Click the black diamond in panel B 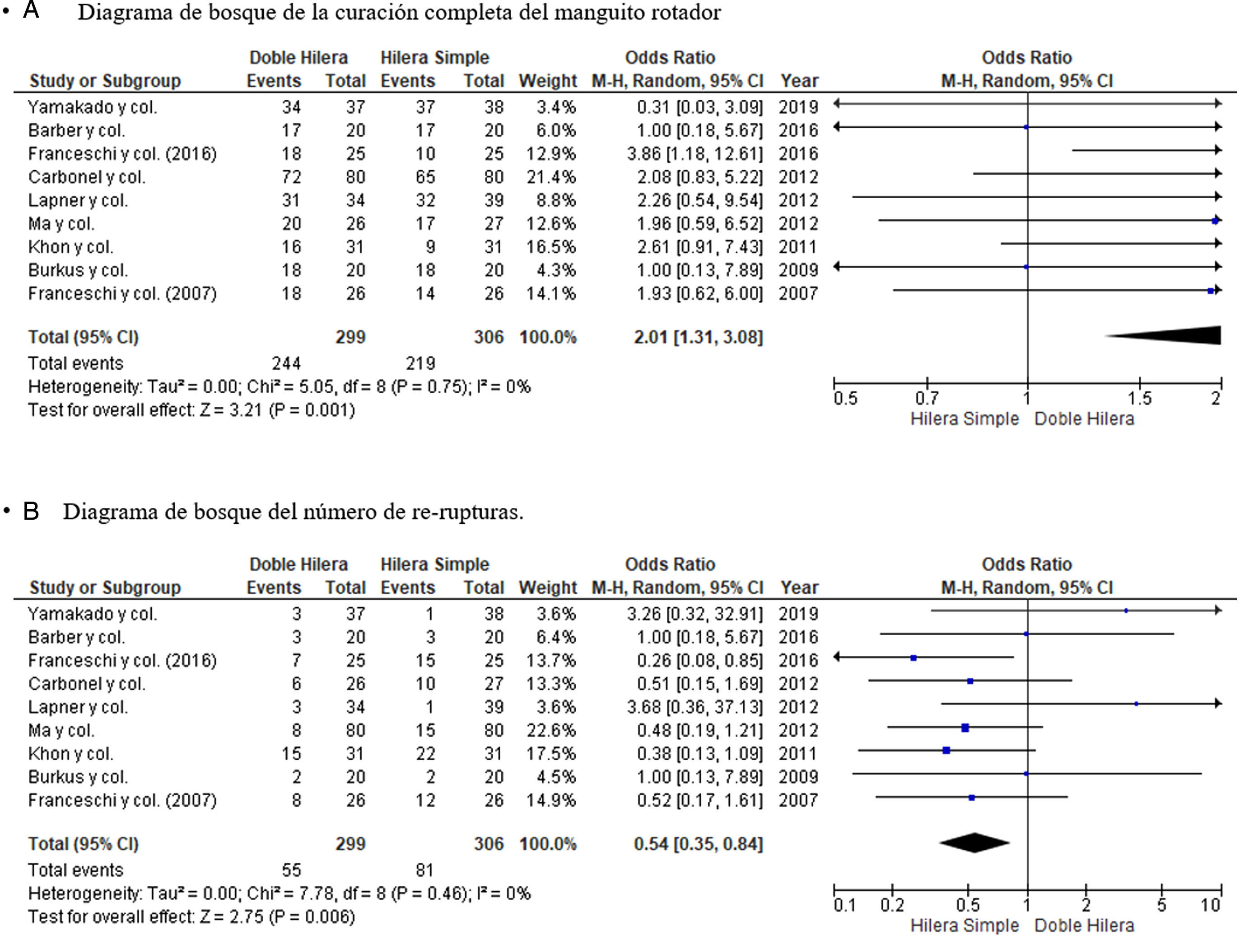[x=974, y=842]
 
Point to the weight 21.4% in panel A [x=550, y=177]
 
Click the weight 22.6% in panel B [x=550, y=731]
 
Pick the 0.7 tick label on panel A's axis [x=927, y=399]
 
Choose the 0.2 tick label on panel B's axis [x=892, y=905]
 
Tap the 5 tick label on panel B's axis [x=1161, y=905]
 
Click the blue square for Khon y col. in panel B [x=946, y=750]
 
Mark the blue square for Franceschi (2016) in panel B [x=914, y=657]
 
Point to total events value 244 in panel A [x=286, y=363]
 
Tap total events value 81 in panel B [x=424, y=870]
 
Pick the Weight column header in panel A [x=547, y=81]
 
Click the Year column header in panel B [x=799, y=587]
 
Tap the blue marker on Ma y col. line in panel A [x=1215, y=221]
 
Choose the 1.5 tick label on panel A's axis [x=1139, y=399]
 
